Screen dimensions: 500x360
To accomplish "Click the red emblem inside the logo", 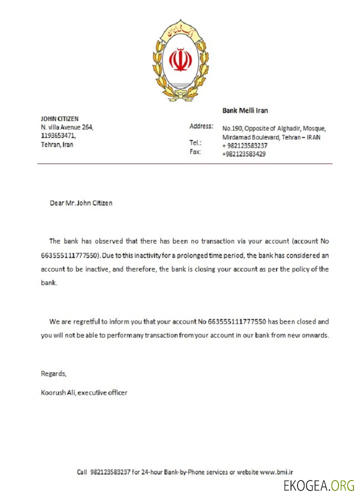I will coord(180,60).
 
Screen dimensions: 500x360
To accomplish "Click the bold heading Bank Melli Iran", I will coord(245,110).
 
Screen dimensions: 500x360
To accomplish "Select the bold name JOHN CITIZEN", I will coord(59,118).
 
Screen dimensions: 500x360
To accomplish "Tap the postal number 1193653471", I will coord(58,135).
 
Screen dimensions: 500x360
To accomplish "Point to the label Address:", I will coord(201,126).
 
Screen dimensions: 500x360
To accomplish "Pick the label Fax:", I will coord(195,151).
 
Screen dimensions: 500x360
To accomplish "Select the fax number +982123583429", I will coord(244,154).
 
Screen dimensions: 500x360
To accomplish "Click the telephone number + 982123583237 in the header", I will coord(245,145).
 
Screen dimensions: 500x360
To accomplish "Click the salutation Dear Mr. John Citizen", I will coord(81,203).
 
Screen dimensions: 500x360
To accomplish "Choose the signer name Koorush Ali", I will coord(57,392).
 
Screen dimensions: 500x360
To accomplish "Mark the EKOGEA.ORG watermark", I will coord(319,485).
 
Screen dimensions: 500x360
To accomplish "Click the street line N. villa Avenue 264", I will coord(67,127).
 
